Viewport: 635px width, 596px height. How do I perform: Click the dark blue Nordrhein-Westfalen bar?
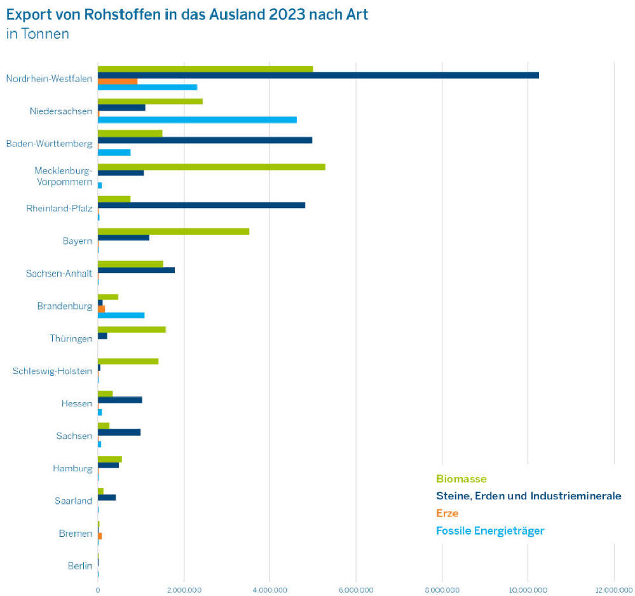(x=318, y=75)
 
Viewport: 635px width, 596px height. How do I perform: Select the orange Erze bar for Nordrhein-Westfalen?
(x=118, y=81)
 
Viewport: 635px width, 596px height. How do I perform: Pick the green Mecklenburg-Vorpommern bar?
(x=211, y=167)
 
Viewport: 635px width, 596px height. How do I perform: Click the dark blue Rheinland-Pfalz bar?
(x=201, y=205)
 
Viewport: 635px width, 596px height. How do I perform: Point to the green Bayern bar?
(x=174, y=232)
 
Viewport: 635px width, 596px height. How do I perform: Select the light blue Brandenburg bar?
(x=121, y=315)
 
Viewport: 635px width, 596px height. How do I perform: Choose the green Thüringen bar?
(x=132, y=329)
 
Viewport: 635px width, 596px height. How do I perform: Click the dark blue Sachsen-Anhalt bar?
(x=136, y=270)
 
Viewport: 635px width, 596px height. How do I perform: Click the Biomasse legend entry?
(x=461, y=479)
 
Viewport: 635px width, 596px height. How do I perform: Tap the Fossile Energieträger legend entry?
(x=490, y=530)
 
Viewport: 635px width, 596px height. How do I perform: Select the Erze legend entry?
(x=447, y=513)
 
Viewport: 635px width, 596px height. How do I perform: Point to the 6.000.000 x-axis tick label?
(x=356, y=589)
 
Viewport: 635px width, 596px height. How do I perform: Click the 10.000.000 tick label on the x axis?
(x=528, y=589)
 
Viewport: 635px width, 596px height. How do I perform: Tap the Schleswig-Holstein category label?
(x=52, y=371)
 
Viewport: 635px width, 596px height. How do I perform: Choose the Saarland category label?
(x=74, y=501)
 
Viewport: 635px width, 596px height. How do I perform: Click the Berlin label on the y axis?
(x=80, y=565)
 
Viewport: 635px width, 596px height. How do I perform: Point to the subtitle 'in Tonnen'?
(x=38, y=34)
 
